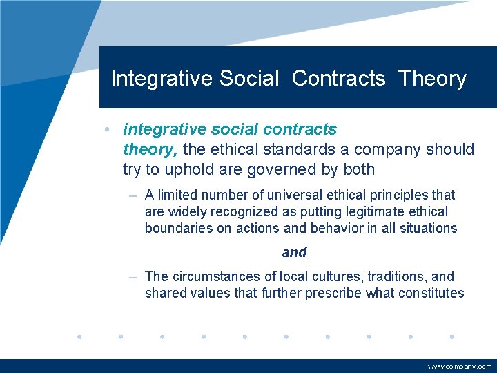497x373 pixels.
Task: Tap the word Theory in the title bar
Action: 432,79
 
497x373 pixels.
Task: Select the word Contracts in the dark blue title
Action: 338,79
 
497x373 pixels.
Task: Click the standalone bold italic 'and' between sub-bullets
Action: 294,253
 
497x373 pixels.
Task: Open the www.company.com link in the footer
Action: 460,367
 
